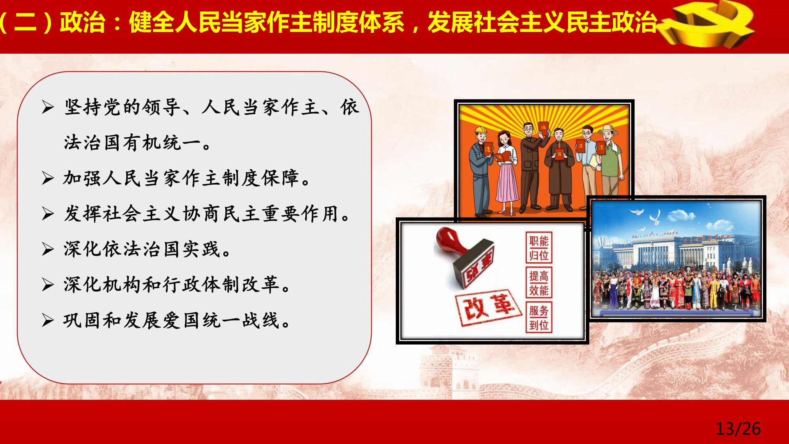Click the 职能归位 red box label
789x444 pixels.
tap(538, 248)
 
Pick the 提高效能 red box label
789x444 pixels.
tap(538, 283)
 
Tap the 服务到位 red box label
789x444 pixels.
tap(538, 318)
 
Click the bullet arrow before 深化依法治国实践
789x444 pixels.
tap(48, 249)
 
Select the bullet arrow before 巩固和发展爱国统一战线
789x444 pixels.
tap(48, 320)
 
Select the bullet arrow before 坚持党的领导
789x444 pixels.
tap(48, 108)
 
